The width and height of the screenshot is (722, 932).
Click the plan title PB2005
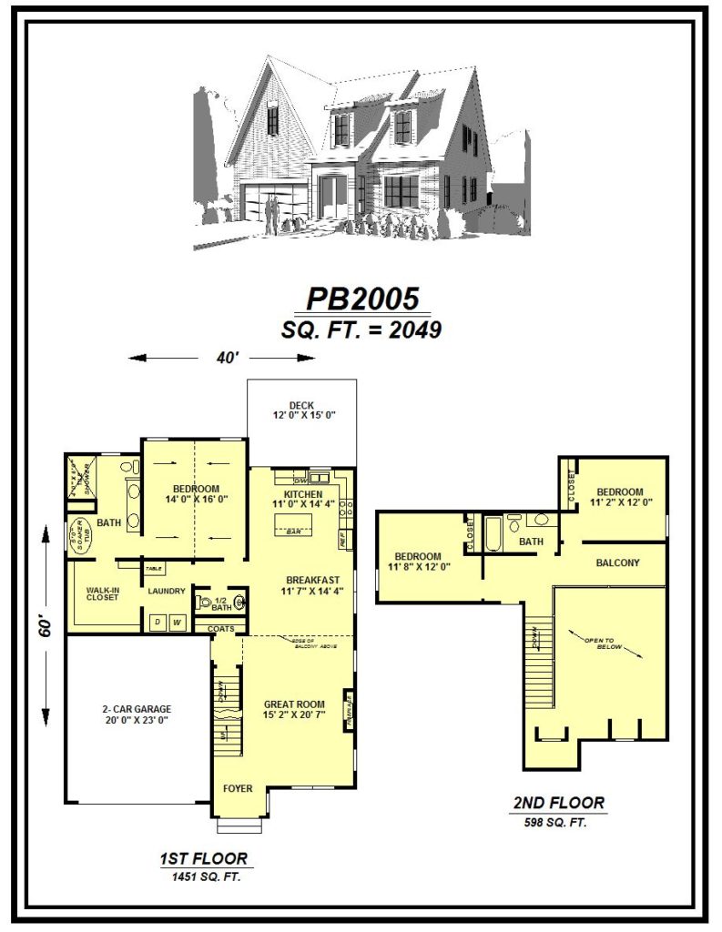tap(361, 299)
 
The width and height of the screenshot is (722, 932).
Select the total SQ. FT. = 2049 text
tap(361, 330)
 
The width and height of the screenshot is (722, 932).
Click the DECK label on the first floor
tap(301, 406)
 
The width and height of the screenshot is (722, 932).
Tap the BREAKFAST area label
tap(312, 580)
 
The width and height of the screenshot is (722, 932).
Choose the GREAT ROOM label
tap(295, 704)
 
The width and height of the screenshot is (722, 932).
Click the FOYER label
tap(239, 788)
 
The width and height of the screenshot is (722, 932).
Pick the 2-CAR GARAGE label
tap(136, 709)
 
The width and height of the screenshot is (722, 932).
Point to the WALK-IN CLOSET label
tap(104, 593)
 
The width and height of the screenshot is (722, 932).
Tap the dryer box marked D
tap(157, 623)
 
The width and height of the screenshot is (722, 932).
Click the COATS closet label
tap(221, 628)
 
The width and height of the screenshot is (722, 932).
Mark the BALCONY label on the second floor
tap(617, 562)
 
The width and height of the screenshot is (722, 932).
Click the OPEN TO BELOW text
tap(602, 643)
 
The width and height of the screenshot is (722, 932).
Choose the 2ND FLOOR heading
tap(558, 803)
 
